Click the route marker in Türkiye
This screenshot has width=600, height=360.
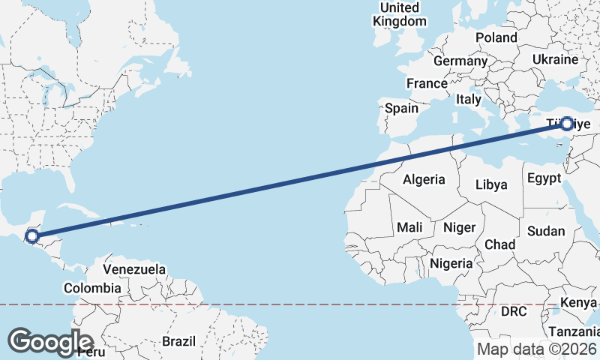pos(567,124)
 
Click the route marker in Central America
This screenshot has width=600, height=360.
pos(32,237)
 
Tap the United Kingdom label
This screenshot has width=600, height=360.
pos(400,14)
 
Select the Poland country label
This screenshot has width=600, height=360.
pos(496,37)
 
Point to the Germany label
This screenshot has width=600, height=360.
pos(460,61)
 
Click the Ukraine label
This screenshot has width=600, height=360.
pos(555,59)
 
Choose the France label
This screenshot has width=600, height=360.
pos(426,83)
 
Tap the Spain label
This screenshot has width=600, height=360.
pos(401,108)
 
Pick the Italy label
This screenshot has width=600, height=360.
pos(469,99)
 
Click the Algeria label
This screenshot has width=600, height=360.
pos(424,179)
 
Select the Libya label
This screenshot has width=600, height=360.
pos(491,184)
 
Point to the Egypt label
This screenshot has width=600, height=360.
pos(544,178)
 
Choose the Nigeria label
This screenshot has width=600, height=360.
pos(451,263)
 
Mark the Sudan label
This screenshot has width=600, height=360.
pos(546,232)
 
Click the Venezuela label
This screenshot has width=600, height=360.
pos(134,268)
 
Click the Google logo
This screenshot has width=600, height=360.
pos(50,341)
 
